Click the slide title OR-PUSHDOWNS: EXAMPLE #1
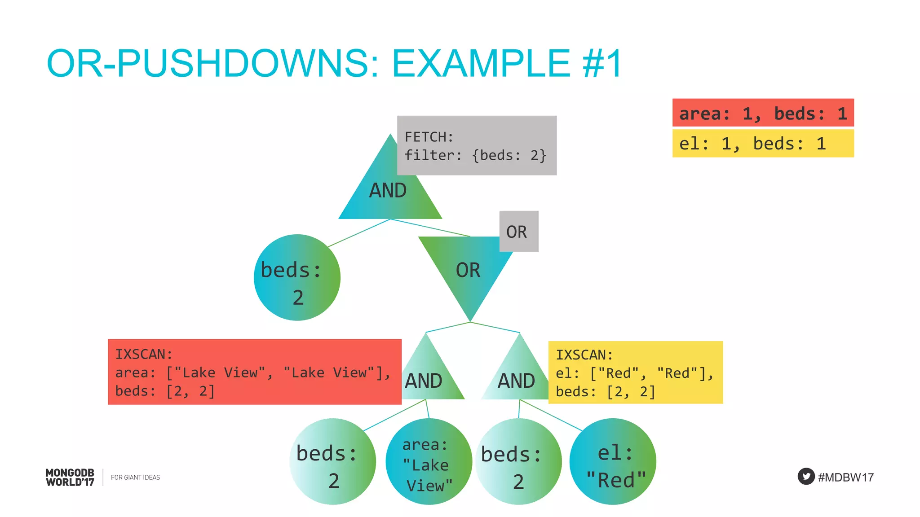pos(334,63)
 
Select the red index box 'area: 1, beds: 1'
pos(763,113)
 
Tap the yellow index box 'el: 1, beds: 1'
pos(763,144)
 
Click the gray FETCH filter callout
pos(476,146)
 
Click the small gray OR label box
pos(518,232)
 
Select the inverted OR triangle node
pos(469,269)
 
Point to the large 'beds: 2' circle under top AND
pos(297,278)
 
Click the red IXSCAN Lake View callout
pos(254,372)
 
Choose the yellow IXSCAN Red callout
pos(635,372)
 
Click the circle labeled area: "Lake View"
pos(429,462)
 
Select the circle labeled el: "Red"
pos(613,462)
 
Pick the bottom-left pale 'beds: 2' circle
pos(332,462)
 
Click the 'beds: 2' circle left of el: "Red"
pos(518,462)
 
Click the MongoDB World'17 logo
pos(70,478)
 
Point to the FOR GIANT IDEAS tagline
pos(135,478)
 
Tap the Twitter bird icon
pos(806,476)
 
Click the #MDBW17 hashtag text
pos(845,478)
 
